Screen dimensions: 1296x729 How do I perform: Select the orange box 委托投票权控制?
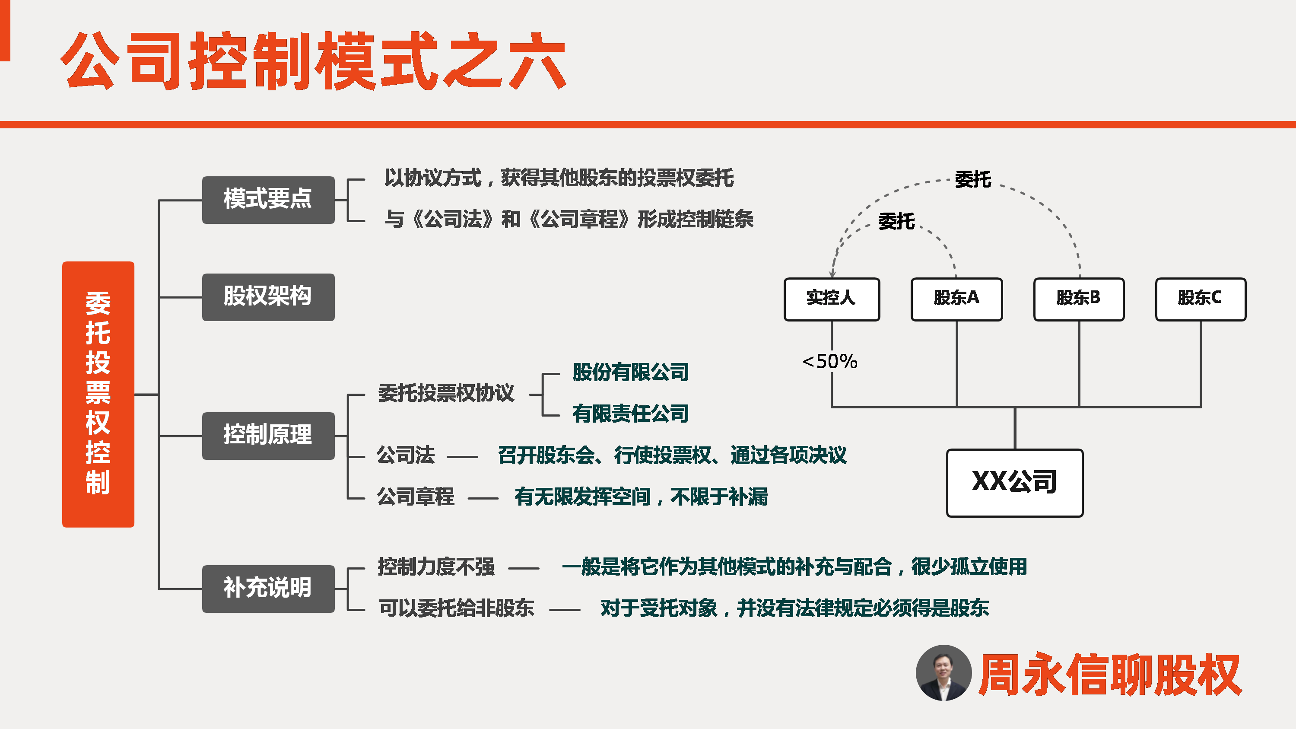click(98, 394)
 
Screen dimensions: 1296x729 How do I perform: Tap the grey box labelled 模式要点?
click(268, 200)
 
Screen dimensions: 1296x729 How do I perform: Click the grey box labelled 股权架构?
click(268, 297)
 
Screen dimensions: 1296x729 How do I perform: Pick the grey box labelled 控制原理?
click(268, 436)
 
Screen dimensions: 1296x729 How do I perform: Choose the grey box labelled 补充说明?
click(268, 589)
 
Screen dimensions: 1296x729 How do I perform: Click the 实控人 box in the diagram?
click(832, 299)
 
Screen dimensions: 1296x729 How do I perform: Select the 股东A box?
click(956, 299)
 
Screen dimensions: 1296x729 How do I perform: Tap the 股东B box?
click(1079, 299)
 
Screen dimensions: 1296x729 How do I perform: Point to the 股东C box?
click(1201, 299)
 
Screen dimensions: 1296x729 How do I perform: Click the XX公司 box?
click(1015, 483)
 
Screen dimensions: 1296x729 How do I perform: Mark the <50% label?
click(829, 361)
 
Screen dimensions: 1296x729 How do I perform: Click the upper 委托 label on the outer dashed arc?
click(973, 179)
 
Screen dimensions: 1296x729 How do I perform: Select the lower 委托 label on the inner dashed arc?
click(896, 221)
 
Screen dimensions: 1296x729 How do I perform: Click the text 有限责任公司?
click(630, 414)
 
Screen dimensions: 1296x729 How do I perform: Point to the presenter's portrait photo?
click(943, 673)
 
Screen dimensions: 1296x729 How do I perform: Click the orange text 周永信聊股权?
click(1110, 674)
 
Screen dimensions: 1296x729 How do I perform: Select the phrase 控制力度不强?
click(436, 567)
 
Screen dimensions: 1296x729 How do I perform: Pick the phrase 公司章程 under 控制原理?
click(416, 497)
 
